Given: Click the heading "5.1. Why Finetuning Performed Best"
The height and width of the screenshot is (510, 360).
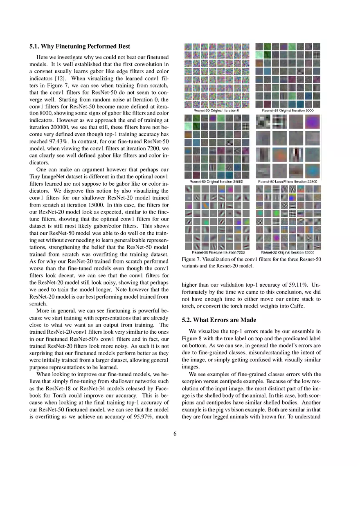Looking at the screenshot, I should [x=80, y=47].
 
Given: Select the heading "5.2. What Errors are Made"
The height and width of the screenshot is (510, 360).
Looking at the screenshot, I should [x=219, y=320].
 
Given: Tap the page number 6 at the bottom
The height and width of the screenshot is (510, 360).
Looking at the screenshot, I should [x=175, y=434].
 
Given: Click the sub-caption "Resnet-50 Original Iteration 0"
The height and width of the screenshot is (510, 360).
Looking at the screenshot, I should [x=216, y=111].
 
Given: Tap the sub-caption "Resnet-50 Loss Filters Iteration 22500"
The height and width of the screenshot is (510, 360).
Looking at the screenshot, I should [x=288, y=182].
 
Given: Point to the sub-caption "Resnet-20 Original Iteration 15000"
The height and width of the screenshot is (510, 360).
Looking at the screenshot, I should [x=288, y=252].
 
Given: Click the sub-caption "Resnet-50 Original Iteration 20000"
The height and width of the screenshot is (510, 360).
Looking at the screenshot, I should [x=216, y=182].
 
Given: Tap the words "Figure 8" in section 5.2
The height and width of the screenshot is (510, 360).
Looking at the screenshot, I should [x=192, y=339].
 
